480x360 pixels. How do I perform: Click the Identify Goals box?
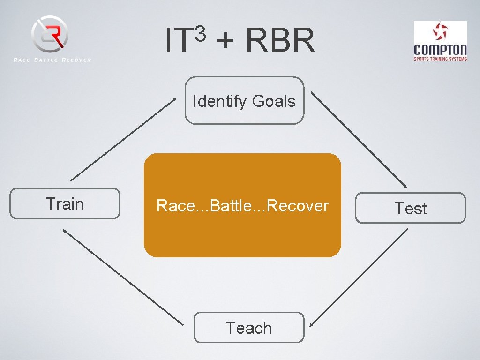pyautogui.click(x=244, y=100)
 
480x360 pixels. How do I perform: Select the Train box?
pyautogui.click(x=65, y=204)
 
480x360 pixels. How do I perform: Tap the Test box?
pyautogui.click(x=410, y=208)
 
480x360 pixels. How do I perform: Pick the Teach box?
pyautogui.click(x=248, y=328)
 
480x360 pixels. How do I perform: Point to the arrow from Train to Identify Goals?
pyautogui.click(x=123, y=139)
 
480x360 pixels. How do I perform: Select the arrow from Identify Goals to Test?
pyautogui.click(x=359, y=139)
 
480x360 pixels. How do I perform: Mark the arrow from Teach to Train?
pyautogui.click(x=123, y=277)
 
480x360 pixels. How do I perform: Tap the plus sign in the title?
pyautogui.click(x=226, y=41)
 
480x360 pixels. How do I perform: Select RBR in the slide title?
pyautogui.click(x=280, y=41)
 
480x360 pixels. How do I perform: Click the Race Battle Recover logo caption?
pyautogui.click(x=52, y=60)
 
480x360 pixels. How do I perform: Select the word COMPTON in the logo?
pyautogui.click(x=440, y=50)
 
